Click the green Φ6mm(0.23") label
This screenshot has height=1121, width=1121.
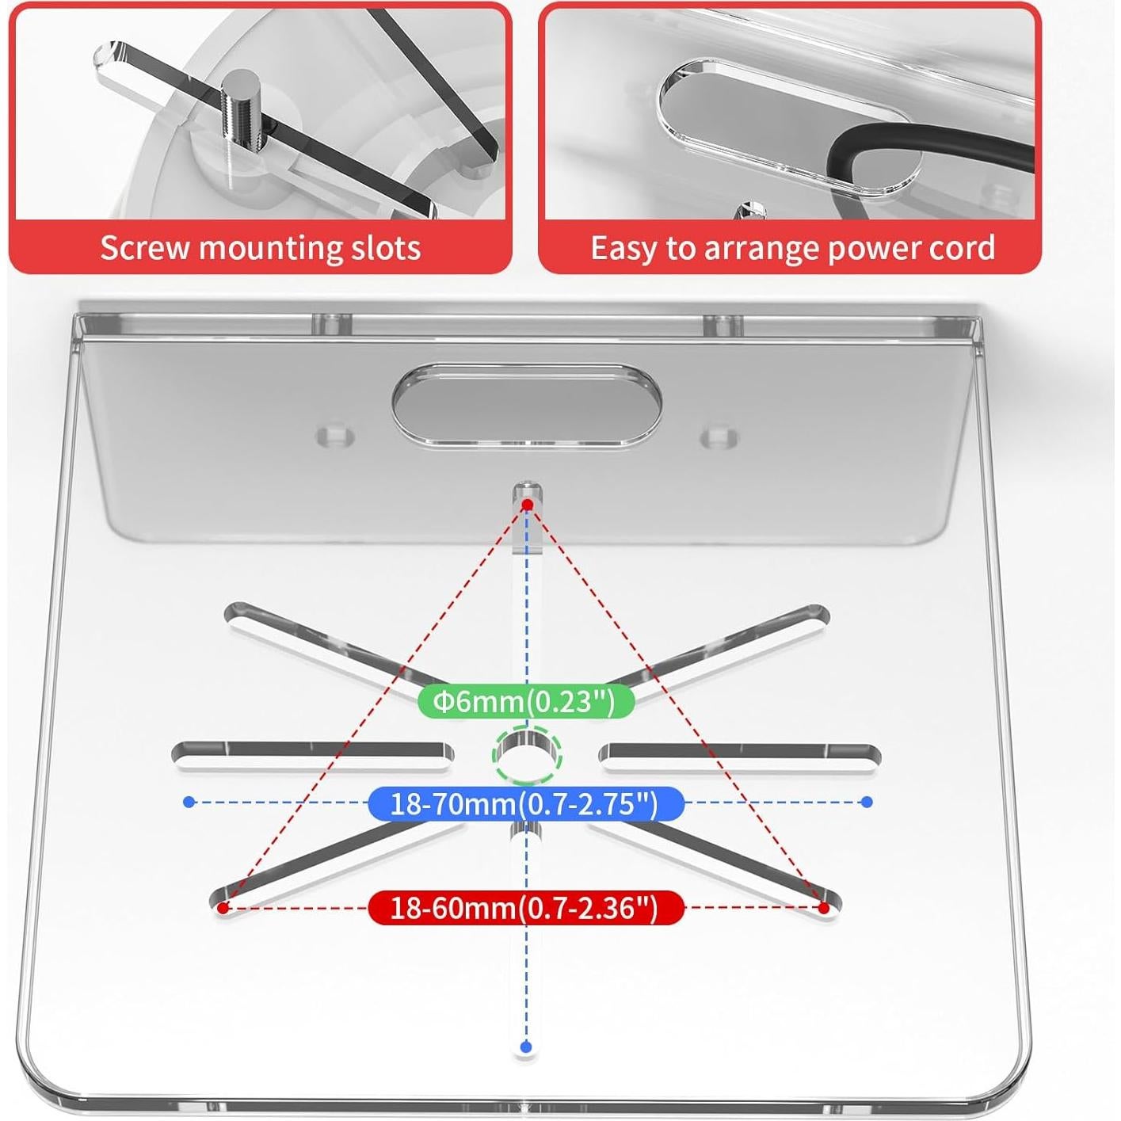tap(525, 701)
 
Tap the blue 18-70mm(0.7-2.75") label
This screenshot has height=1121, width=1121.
tap(525, 804)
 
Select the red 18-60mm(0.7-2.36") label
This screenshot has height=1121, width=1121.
tap(525, 907)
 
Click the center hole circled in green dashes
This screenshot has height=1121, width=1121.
tap(527, 755)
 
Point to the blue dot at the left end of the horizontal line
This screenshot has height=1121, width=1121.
tap(189, 802)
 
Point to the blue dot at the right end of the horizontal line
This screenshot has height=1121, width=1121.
tap(867, 802)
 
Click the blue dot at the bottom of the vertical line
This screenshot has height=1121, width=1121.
tap(524, 1046)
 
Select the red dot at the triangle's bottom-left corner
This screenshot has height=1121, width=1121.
tap(224, 907)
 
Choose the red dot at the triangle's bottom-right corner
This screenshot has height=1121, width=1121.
tap(824, 907)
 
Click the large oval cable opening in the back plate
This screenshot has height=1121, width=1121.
tap(527, 405)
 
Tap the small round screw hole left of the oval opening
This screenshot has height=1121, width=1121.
tap(335, 436)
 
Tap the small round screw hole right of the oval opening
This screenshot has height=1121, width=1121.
tap(719, 437)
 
